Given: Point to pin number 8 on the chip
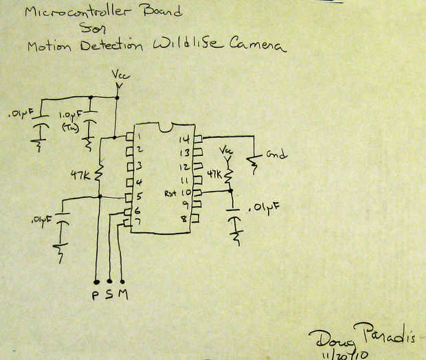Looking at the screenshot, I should [x=183, y=219].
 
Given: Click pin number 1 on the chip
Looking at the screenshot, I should [x=138, y=135].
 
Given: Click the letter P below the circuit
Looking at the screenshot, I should [x=96, y=295].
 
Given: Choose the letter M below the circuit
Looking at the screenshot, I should [x=123, y=295].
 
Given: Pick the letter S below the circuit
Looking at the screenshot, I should [x=109, y=295].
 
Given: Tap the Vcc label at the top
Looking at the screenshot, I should [x=118, y=74].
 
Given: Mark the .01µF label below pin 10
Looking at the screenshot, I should [x=266, y=207].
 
